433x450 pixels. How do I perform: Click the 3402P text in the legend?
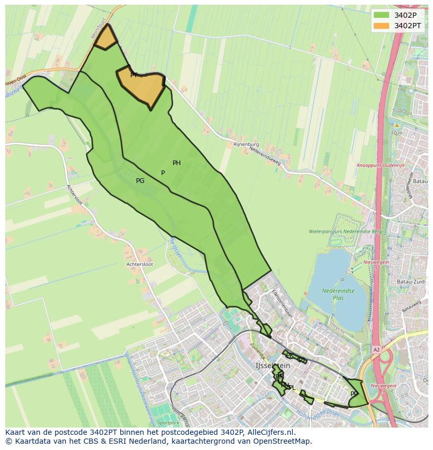point(405,15)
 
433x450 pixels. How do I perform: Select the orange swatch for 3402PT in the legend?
point(382,26)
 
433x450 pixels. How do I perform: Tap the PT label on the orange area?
point(134,75)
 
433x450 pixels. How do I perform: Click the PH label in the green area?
point(177,163)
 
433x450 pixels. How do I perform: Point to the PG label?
point(140,181)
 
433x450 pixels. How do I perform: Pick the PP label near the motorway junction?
point(354,394)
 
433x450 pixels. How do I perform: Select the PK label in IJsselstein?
point(289,355)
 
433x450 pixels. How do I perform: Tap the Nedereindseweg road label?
point(265,156)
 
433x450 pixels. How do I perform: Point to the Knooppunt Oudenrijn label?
point(381,165)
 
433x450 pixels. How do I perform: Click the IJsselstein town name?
point(272,366)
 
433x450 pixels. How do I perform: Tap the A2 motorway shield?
point(377,349)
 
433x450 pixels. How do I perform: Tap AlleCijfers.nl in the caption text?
point(270,432)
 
